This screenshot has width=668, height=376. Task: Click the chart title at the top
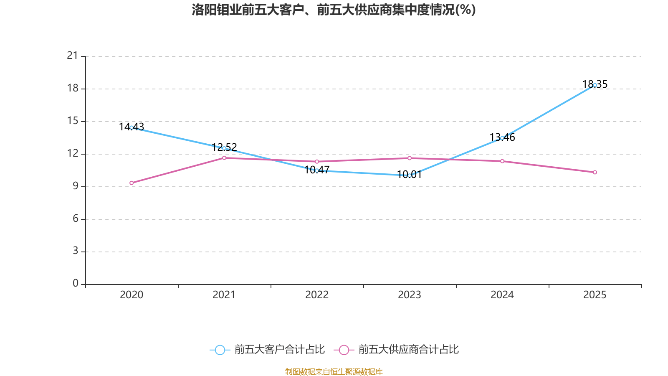point(334,10)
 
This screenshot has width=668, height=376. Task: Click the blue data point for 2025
point(595,85)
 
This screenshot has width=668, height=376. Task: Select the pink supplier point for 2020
point(132,183)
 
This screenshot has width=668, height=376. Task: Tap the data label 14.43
point(132,127)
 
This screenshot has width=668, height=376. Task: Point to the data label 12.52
point(224,147)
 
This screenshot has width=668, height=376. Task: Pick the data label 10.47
point(317,170)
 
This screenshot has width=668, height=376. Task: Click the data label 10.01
point(409,174)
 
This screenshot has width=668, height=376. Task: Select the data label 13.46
point(502,137)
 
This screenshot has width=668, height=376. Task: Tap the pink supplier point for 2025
point(595,172)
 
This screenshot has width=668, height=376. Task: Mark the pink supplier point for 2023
point(410,158)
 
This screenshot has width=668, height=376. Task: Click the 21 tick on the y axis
point(73,56)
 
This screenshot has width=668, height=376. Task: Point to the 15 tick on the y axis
point(73,121)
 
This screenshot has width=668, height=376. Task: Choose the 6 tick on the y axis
point(76,218)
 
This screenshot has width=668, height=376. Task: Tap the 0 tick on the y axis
point(76,284)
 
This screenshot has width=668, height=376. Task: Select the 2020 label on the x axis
point(132,295)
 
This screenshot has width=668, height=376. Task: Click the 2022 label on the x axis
point(317,295)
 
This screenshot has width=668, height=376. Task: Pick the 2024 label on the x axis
point(502,295)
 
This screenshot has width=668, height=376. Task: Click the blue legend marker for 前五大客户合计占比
point(220,350)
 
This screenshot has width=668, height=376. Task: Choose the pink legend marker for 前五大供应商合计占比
point(344,350)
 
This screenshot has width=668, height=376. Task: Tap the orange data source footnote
point(334,371)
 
